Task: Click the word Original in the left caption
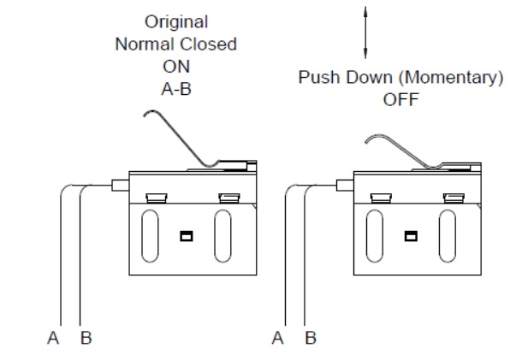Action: pos(175,21)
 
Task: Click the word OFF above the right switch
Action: pos(400,98)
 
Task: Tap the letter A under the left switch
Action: pos(54,339)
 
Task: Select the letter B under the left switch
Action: pos(86,339)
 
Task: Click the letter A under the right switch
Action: pos(277,339)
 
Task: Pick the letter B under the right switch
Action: pos(311,339)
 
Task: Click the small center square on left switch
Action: pos(185,235)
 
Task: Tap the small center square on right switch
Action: pos(411,235)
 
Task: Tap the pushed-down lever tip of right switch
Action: pos(371,139)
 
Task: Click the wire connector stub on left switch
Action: pos(120,183)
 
